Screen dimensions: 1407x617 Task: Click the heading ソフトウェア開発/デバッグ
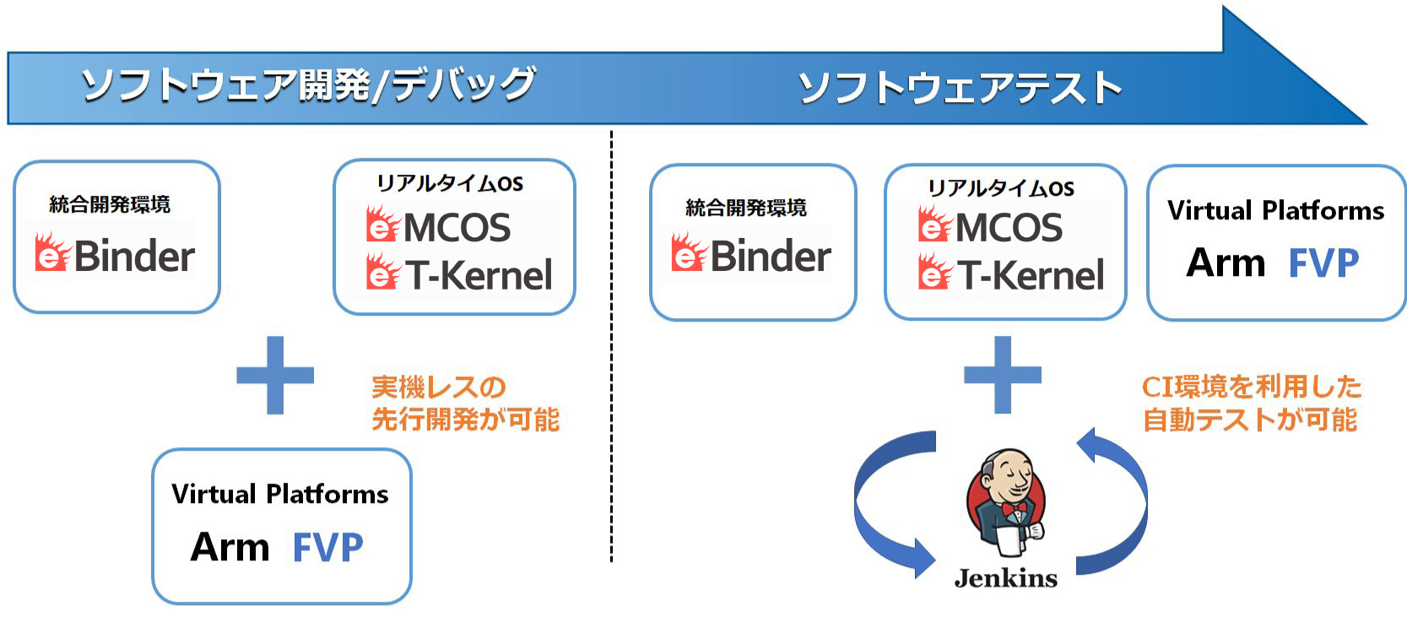point(308,84)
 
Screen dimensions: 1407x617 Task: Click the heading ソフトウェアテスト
point(960,87)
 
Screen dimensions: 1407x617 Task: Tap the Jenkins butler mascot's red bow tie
point(1014,507)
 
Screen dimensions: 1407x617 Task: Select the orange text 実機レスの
point(438,387)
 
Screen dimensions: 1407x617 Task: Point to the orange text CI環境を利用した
point(1251,387)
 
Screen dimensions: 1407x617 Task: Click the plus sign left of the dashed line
point(275,375)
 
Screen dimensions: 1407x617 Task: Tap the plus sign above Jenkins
point(1003,375)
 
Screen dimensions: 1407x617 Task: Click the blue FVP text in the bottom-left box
point(327,547)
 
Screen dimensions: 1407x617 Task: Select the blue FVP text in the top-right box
point(1323,262)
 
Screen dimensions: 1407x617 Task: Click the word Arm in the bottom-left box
point(230,547)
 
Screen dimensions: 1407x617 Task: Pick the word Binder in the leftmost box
point(134,257)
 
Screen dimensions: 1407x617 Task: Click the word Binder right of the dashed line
point(771,256)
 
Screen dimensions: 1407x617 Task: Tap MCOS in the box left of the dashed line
point(457,227)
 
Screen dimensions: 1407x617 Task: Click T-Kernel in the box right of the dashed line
point(1031,274)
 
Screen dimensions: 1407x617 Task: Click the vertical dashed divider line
point(611,346)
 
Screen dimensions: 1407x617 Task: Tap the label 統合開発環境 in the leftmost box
point(110,204)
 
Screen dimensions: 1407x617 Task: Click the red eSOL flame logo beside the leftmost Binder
point(52,252)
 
